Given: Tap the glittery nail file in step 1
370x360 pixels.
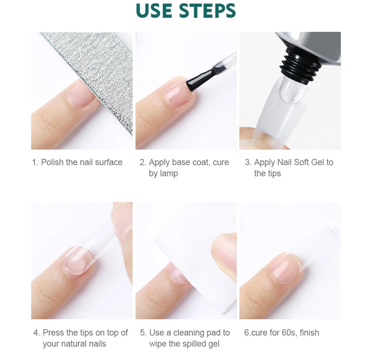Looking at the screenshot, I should (100, 74).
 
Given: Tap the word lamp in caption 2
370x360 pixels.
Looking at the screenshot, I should (169, 173).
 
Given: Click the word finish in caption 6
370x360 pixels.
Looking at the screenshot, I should (309, 333).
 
